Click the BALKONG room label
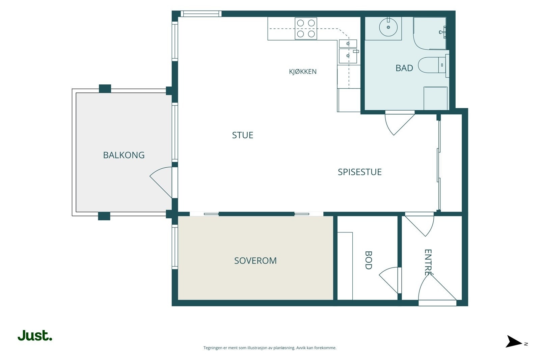click(x=124, y=155)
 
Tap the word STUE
click(x=243, y=135)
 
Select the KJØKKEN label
click(x=302, y=71)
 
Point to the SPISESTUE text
click(x=359, y=172)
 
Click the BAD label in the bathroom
click(x=404, y=68)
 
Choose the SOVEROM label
click(x=255, y=260)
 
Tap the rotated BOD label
click(x=368, y=260)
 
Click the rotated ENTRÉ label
click(x=428, y=262)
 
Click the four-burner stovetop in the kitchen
click(x=306, y=28)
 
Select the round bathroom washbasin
click(x=388, y=27)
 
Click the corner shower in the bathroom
click(x=430, y=33)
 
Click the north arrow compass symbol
click(x=514, y=341)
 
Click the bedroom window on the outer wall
click(x=175, y=247)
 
